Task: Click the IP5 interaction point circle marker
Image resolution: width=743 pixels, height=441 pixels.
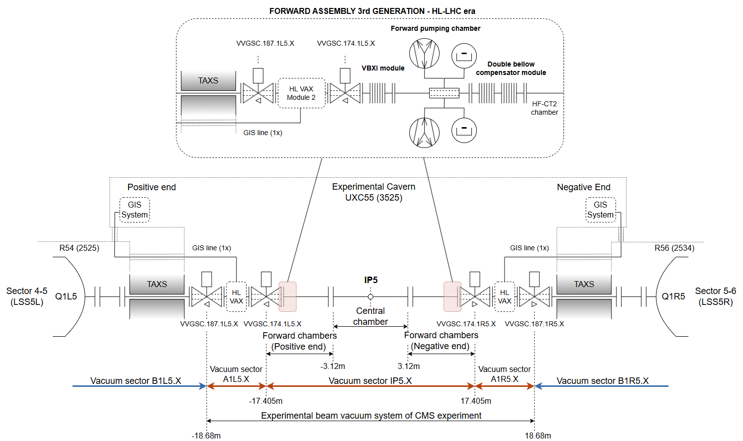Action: click(371, 297)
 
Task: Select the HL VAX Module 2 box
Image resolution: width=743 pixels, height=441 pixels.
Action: click(301, 93)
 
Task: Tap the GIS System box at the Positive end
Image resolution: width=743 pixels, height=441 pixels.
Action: click(134, 210)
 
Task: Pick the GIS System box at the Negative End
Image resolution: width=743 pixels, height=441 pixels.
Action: click(600, 210)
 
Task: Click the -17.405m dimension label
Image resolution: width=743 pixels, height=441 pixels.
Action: click(266, 401)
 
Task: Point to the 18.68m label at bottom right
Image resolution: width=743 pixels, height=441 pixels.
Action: click(538, 436)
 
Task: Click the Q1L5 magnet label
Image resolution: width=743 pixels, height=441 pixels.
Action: click(66, 296)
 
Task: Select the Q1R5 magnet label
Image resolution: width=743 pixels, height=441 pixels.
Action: click(673, 296)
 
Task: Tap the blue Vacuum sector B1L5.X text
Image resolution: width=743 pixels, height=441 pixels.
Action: click(136, 380)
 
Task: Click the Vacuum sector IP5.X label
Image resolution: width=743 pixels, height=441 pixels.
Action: click(370, 380)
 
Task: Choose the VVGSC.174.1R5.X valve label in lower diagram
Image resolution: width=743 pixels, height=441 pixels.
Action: click(466, 324)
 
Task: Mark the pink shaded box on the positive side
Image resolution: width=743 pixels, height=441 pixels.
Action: click(288, 297)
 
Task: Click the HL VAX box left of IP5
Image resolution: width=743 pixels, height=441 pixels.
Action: click(236, 297)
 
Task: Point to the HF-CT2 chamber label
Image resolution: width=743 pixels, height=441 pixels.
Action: click(544, 108)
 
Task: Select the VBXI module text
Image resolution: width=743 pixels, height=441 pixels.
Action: click(383, 68)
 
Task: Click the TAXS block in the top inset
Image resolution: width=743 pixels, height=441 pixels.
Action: click(208, 80)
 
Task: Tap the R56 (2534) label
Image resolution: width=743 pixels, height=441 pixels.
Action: click(674, 248)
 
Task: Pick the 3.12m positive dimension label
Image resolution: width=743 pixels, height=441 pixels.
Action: click(409, 366)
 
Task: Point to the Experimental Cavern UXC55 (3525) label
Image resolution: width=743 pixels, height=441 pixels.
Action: click(373, 192)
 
